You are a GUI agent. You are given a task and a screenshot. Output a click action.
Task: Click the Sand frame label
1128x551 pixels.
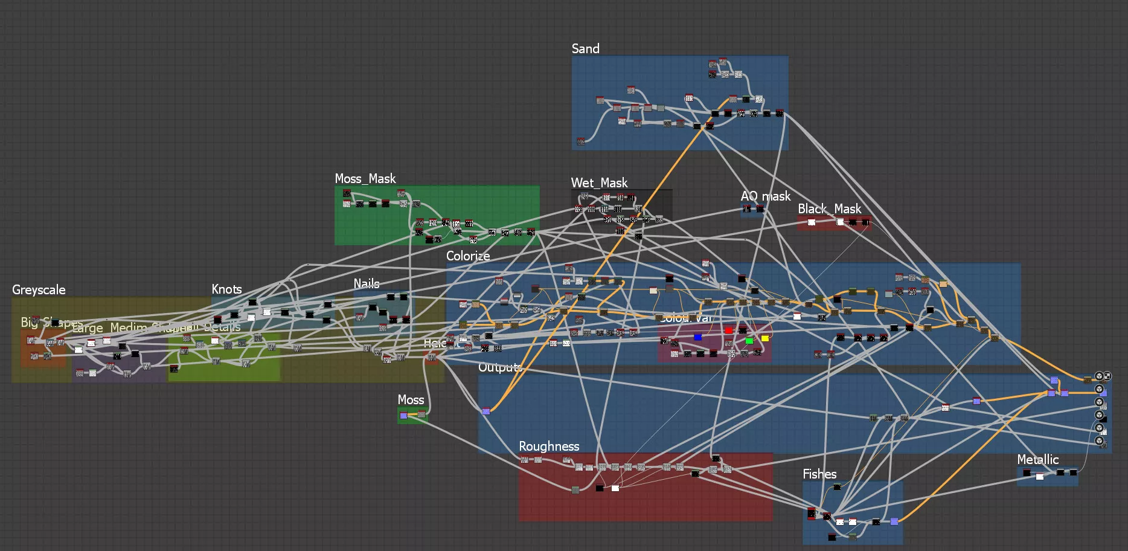tap(585, 49)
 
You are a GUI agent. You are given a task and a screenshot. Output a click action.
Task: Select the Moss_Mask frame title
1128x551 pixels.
tap(365, 179)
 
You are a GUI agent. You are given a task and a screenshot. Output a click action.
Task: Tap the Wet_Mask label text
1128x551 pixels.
tap(599, 183)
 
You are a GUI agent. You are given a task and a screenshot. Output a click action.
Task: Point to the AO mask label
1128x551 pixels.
tap(765, 196)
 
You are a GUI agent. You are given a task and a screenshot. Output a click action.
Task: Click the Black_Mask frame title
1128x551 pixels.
tap(829, 209)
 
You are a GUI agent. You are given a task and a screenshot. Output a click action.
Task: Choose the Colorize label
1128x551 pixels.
tap(468, 256)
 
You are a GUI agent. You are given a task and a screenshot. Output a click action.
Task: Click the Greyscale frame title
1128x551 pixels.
tap(39, 290)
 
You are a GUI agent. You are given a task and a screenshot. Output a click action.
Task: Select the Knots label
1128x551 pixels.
tap(226, 289)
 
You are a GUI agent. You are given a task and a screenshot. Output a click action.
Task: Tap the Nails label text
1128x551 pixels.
tap(367, 284)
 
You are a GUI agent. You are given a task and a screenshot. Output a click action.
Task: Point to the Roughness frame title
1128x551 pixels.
tap(549, 446)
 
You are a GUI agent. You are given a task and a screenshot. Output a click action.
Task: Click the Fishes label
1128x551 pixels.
tap(819, 474)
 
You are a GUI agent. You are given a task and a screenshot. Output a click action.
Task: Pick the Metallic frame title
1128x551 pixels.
tap(1037, 460)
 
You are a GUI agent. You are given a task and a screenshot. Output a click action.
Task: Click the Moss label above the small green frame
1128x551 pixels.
tap(411, 400)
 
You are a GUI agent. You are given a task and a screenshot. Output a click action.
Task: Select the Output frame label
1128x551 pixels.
tap(499, 367)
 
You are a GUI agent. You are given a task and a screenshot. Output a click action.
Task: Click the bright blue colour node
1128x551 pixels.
tap(697, 337)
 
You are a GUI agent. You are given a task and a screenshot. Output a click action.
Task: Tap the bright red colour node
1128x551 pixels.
tap(728, 330)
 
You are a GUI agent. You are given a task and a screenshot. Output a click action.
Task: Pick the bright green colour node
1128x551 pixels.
tap(749, 341)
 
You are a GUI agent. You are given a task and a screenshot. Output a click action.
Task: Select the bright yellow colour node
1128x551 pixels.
tap(765, 338)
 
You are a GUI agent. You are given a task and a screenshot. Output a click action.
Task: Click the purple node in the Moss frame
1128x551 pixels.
tap(403, 416)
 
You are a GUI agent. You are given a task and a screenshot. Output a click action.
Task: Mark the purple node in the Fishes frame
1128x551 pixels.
tap(894, 521)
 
